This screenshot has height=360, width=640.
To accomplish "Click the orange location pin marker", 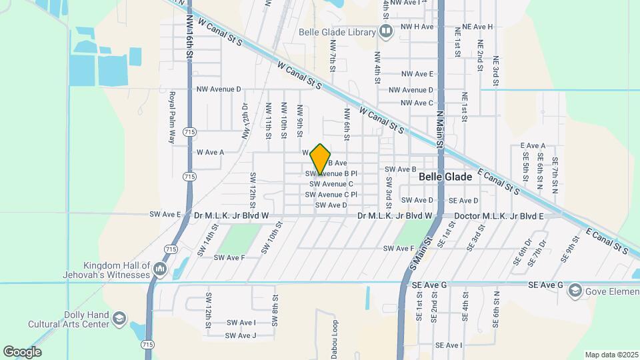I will point(321,159).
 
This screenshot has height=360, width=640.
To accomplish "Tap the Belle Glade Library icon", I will point(386,31).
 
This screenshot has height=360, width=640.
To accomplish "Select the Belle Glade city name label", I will point(445,177).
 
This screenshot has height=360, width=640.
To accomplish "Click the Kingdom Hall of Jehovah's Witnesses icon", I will point(159,269).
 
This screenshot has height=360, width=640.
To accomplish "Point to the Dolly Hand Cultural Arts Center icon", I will point(119,318).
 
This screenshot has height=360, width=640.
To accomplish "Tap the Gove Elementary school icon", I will point(575,290).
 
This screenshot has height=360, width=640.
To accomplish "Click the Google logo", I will point(22,352).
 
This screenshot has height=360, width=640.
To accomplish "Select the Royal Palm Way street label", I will point(171,117).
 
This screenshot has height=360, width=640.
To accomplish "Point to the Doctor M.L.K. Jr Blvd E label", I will point(499,216).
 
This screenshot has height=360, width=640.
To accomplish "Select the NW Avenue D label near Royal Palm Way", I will point(219,89).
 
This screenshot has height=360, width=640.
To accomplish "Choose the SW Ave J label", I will point(241,335).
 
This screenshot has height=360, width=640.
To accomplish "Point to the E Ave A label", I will point(533,145).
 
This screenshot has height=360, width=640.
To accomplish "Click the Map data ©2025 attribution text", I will point(611,355).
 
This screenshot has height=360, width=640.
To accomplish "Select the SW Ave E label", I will point(165,214).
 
